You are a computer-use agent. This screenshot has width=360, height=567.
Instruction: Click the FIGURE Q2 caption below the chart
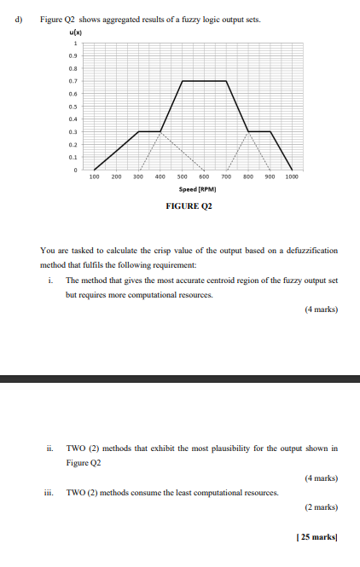click(189, 205)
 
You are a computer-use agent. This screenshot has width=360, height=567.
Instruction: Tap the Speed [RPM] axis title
click(197, 189)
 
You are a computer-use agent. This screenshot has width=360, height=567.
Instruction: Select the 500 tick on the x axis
click(182, 177)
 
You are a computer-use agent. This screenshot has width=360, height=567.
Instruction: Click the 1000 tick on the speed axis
click(292, 177)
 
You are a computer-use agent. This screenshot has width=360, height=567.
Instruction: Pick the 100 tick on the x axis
click(94, 177)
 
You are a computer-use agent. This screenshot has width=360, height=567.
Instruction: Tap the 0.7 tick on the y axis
click(74, 81)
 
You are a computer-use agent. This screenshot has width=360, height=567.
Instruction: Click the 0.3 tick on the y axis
click(74, 131)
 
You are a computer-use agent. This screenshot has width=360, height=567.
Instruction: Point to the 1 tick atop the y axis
click(76, 43)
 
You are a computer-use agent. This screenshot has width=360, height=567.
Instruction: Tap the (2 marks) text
click(321, 507)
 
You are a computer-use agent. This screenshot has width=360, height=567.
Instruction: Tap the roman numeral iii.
click(50, 492)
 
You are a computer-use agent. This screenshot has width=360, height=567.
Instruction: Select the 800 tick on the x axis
click(247, 177)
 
